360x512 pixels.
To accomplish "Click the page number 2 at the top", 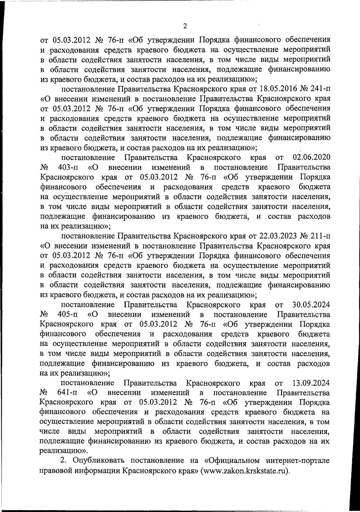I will (185, 26).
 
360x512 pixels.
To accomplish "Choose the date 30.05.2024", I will (311, 305).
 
